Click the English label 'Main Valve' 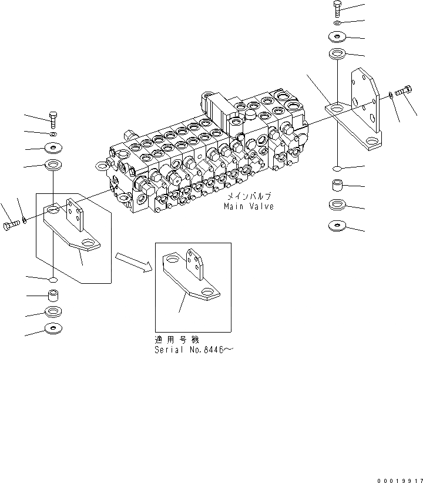(x=248, y=207)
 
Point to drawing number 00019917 (x=397, y=478)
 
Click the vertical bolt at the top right (x=337, y=8)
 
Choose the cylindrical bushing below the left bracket (x=53, y=294)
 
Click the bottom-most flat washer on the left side (x=53, y=328)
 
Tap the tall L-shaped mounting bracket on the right (x=358, y=118)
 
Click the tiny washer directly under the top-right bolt (x=337, y=23)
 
